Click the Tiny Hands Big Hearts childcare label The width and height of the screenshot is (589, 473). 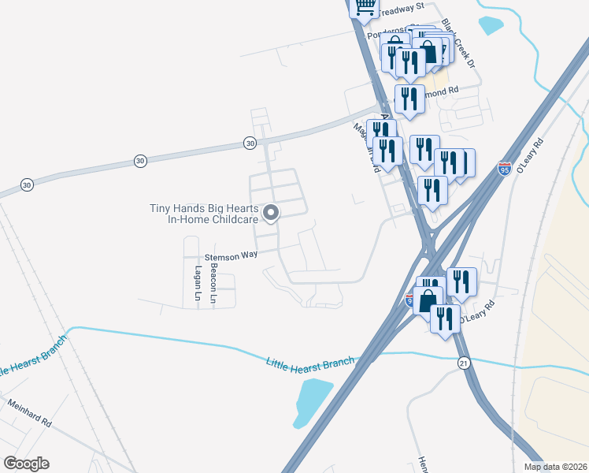(x=205, y=214)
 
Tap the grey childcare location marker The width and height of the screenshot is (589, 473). (x=271, y=213)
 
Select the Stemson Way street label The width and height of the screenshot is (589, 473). (x=232, y=255)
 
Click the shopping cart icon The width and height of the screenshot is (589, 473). (x=365, y=7)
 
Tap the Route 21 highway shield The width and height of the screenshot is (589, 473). (x=464, y=361)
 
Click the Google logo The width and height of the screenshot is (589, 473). (x=26, y=463)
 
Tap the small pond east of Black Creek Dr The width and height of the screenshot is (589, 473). (x=491, y=24)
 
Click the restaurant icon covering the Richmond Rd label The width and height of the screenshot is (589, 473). (x=409, y=99)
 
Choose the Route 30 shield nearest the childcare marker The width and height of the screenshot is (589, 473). (x=250, y=143)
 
